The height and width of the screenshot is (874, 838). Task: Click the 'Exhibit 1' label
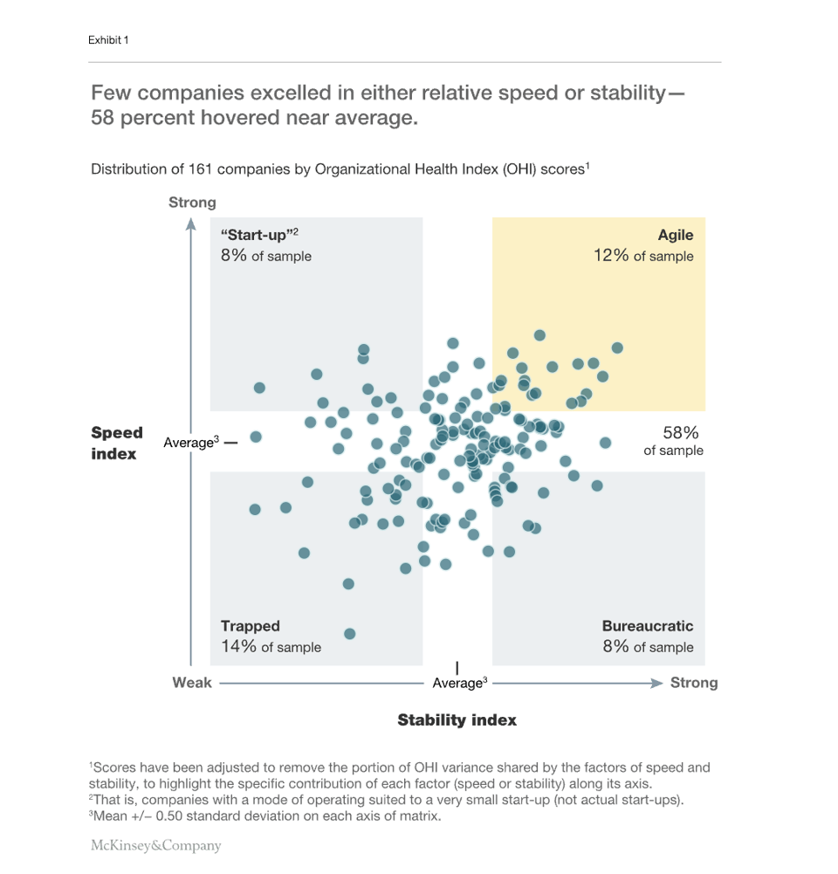[108, 40]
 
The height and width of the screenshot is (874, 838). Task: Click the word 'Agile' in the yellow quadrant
[676, 235]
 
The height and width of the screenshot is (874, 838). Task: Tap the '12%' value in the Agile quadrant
[611, 256]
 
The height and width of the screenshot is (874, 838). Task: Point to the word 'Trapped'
[251, 626]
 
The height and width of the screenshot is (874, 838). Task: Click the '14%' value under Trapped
[238, 647]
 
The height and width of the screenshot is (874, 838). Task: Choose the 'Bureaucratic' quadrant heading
[648, 626]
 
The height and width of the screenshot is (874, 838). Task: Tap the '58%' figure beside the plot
[681, 433]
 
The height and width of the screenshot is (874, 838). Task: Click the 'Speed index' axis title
[116, 444]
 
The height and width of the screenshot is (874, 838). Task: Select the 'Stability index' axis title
[457, 720]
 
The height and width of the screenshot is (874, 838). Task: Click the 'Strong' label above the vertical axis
[192, 203]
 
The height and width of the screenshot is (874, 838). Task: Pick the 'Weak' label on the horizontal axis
[191, 683]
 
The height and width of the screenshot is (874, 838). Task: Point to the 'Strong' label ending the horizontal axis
[694, 683]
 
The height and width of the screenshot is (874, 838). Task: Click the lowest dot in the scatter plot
[350, 634]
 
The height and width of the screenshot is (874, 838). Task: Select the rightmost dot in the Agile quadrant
[617, 348]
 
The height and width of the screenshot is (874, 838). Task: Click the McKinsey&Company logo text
[156, 845]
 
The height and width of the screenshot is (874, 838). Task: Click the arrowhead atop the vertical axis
[191, 224]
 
